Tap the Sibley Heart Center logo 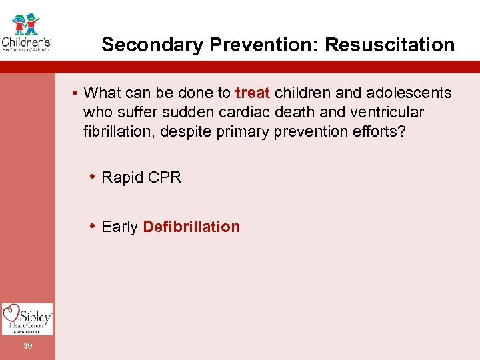(27, 319)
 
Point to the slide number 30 (27, 345)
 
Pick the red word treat (252, 93)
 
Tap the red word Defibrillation (191, 227)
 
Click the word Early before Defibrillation (120, 227)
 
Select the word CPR (165, 177)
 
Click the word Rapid (123, 177)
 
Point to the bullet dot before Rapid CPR (93, 177)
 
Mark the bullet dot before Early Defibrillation (93, 227)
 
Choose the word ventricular (384, 112)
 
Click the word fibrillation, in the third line (120, 131)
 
